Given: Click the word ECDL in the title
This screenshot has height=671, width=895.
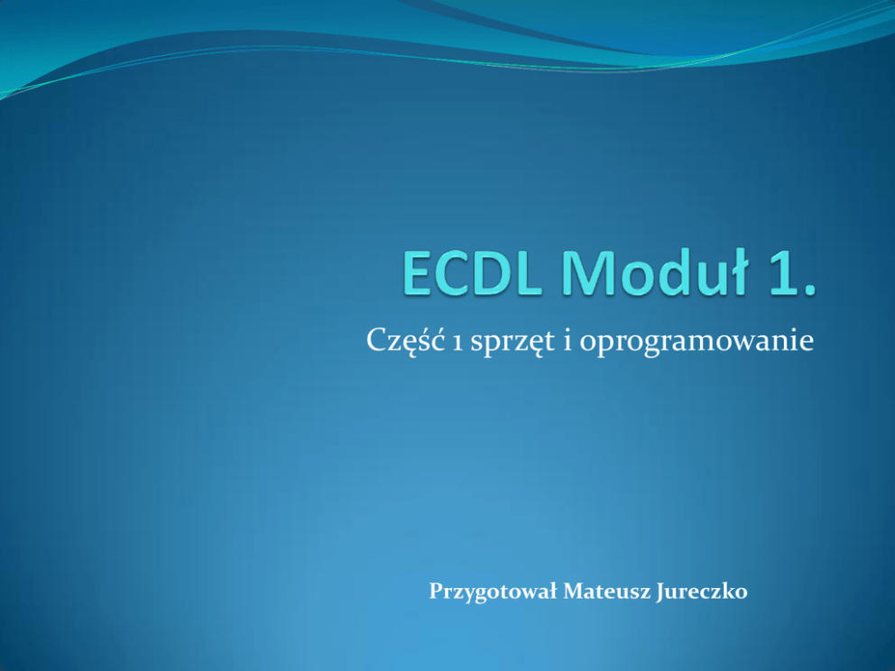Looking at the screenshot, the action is pyautogui.click(x=472, y=272).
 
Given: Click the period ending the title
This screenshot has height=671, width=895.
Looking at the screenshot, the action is pyautogui.click(x=810, y=289).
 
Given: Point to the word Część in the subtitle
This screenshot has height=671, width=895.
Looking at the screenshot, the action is pyautogui.click(x=405, y=340).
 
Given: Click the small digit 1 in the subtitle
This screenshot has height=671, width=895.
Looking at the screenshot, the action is pyautogui.click(x=457, y=344).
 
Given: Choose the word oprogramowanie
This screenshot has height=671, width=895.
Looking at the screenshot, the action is pyautogui.click(x=697, y=343).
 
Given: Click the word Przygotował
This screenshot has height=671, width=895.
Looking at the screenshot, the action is pyautogui.click(x=493, y=592).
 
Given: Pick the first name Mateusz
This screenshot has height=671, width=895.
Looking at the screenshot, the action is pyautogui.click(x=607, y=591).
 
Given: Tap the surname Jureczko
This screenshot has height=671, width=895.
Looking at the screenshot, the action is pyautogui.click(x=702, y=592).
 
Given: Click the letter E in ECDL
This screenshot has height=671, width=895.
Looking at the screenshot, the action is pyautogui.click(x=416, y=272).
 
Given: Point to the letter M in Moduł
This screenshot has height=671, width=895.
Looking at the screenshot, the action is pyautogui.click(x=584, y=272).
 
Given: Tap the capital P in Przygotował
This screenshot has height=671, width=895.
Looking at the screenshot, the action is pyautogui.click(x=436, y=591).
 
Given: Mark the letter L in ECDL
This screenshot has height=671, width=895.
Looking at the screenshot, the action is pyautogui.click(x=528, y=272).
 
